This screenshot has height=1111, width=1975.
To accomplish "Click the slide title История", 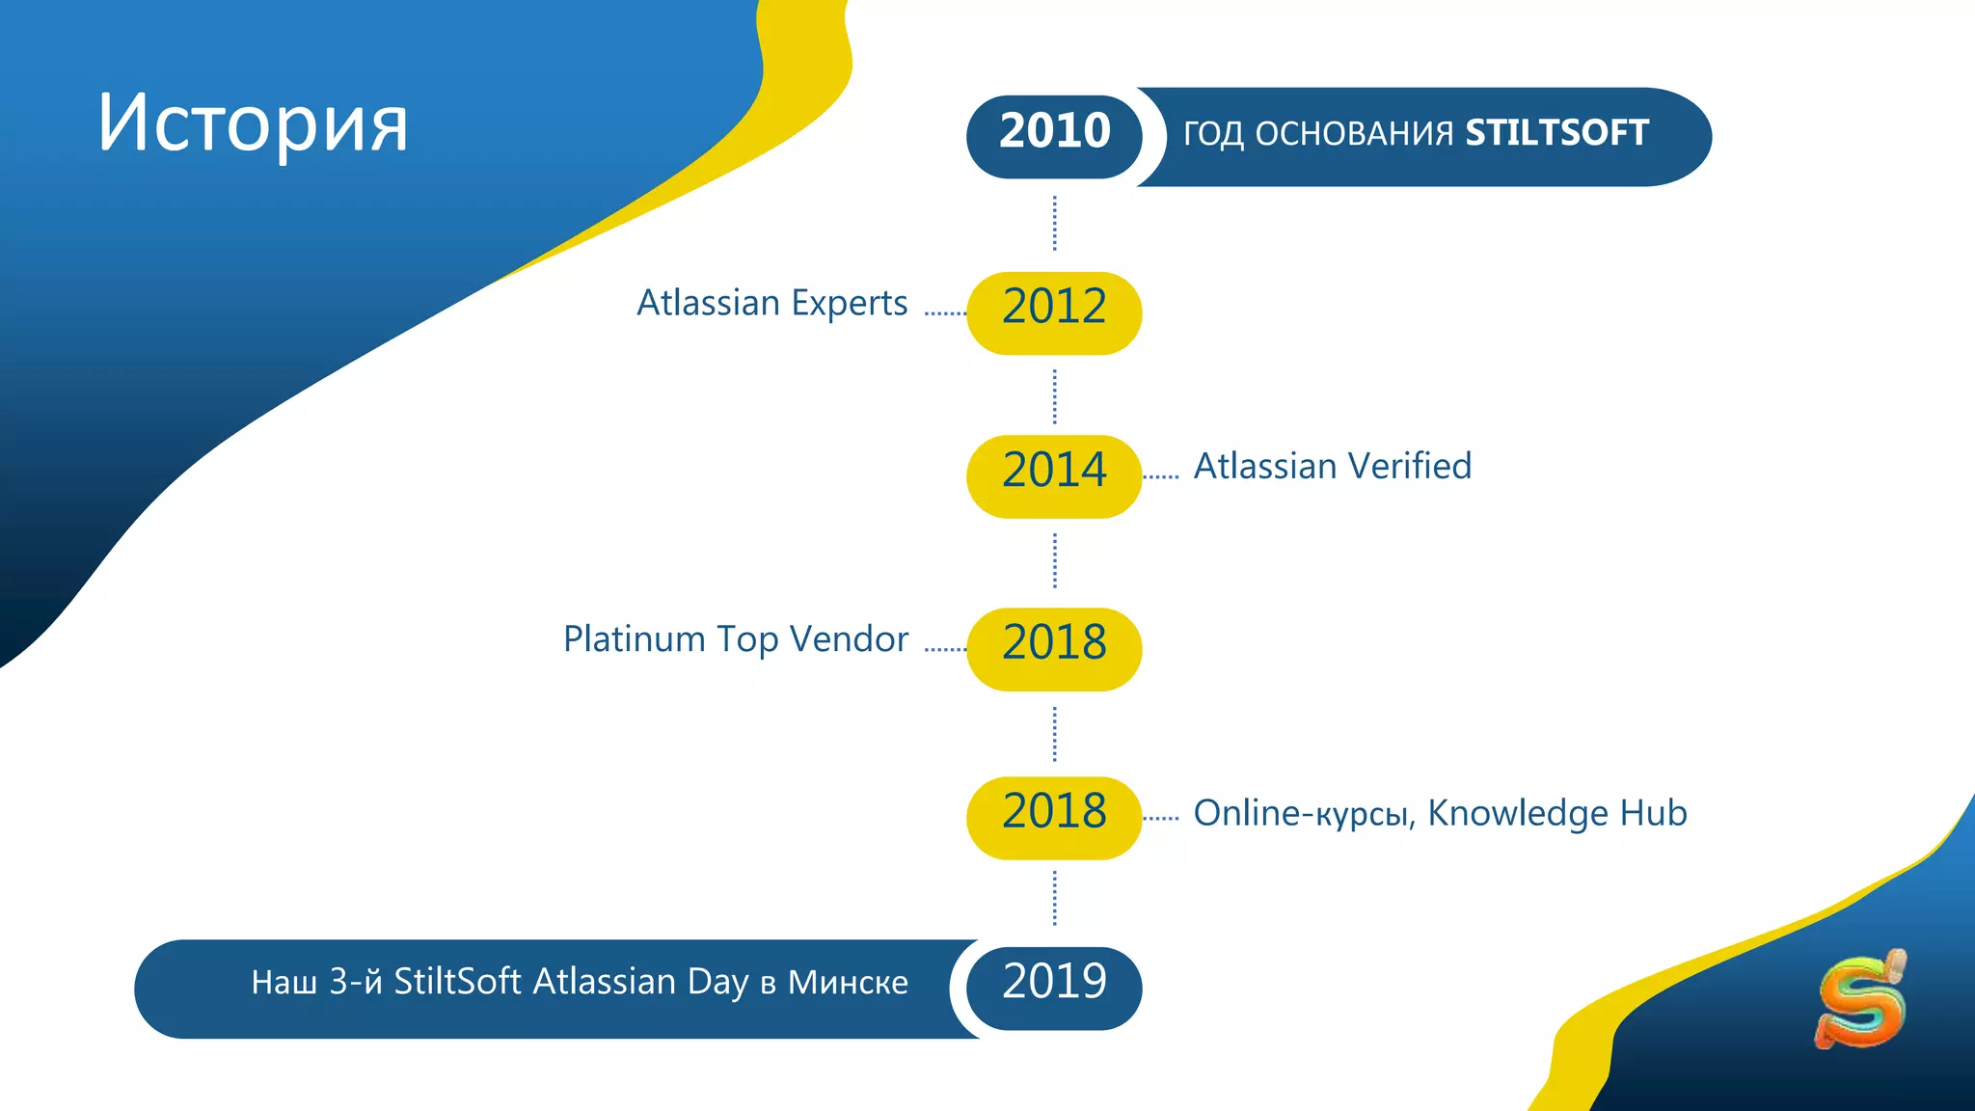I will [x=253, y=123].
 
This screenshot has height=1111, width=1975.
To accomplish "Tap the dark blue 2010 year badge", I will [x=1054, y=133].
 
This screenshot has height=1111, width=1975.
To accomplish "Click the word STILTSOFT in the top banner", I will [x=1556, y=133].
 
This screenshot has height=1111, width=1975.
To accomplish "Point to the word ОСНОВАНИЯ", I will [x=1354, y=134].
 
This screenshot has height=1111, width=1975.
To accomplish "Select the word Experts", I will [x=850, y=304].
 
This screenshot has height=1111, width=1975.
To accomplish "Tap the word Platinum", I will [x=634, y=639].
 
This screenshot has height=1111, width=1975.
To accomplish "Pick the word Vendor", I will [x=850, y=639].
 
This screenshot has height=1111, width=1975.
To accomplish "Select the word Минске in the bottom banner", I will [x=848, y=983].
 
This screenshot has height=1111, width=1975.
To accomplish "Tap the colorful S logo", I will [x=1860, y=999].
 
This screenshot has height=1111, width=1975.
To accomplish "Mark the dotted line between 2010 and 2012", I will [x=1054, y=224].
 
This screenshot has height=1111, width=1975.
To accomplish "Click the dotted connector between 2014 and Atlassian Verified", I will [x=1161, y=475].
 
